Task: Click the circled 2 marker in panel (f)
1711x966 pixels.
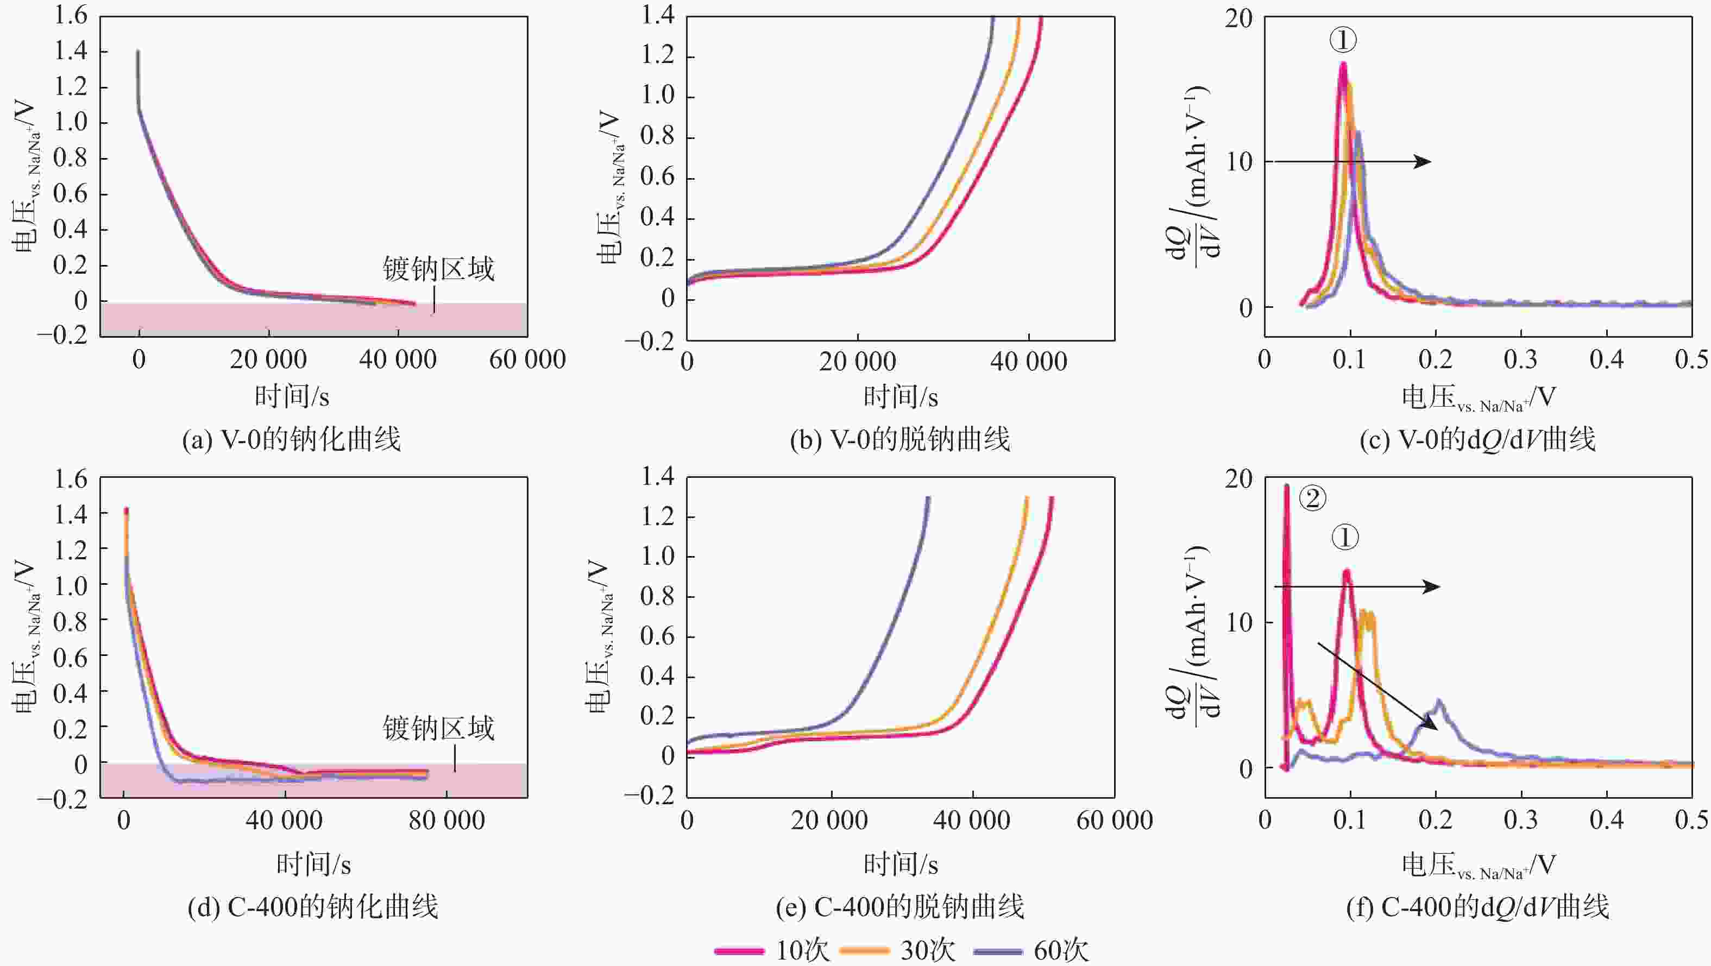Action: [1312, 498]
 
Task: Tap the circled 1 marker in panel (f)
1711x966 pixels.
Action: [1345, 537]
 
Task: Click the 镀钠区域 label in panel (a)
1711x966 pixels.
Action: [438, 269]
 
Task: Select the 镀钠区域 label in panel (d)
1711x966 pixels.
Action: [438, 728]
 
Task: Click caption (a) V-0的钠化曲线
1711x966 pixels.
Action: [292, 439]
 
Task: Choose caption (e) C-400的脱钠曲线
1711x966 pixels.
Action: [900, 907]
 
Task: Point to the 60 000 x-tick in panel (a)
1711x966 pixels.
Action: [527, 360]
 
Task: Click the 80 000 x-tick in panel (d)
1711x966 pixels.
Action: [446, 820]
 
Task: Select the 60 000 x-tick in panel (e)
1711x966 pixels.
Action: [1114, 820]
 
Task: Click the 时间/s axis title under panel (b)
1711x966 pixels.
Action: [900, 397]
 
